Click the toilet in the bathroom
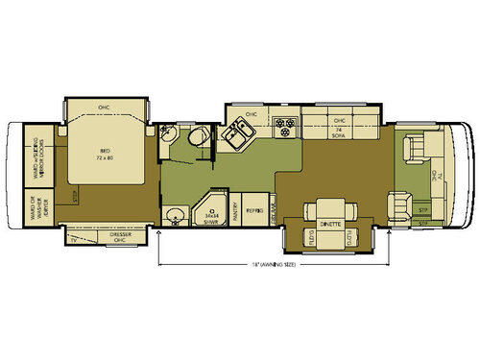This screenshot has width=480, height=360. click(198, 140)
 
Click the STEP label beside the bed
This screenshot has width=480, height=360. click(74, 196)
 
